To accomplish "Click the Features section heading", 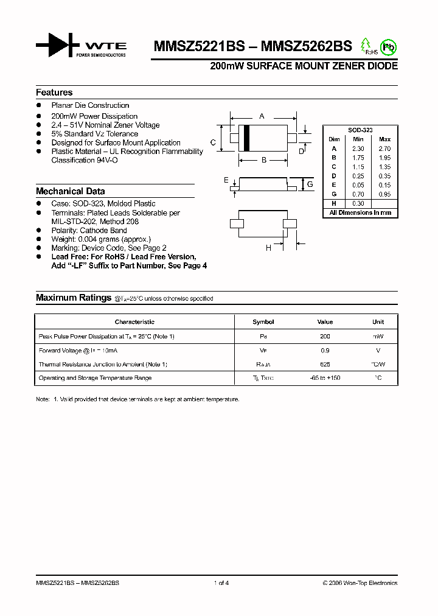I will (54, 93).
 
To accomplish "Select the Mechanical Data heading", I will (70, 191).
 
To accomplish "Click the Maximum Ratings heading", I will (73, 298).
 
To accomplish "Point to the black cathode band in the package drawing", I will (246, 137).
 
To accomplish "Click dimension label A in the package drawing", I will (262, 116).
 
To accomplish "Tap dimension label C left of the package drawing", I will (213, 142).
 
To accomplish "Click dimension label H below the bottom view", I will (268, 248).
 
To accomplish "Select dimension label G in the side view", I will (310, 184).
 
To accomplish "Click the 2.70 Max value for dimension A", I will (384, 149).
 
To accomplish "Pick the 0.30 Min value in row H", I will (358, 203).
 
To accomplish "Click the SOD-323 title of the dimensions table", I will (360, 130).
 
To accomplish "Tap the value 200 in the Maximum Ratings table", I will (325, 336).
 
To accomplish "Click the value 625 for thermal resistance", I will (325, 364).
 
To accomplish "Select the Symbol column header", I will (263, 322).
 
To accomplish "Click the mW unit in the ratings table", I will (378, 336).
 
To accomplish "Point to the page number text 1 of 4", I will (221, 583).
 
